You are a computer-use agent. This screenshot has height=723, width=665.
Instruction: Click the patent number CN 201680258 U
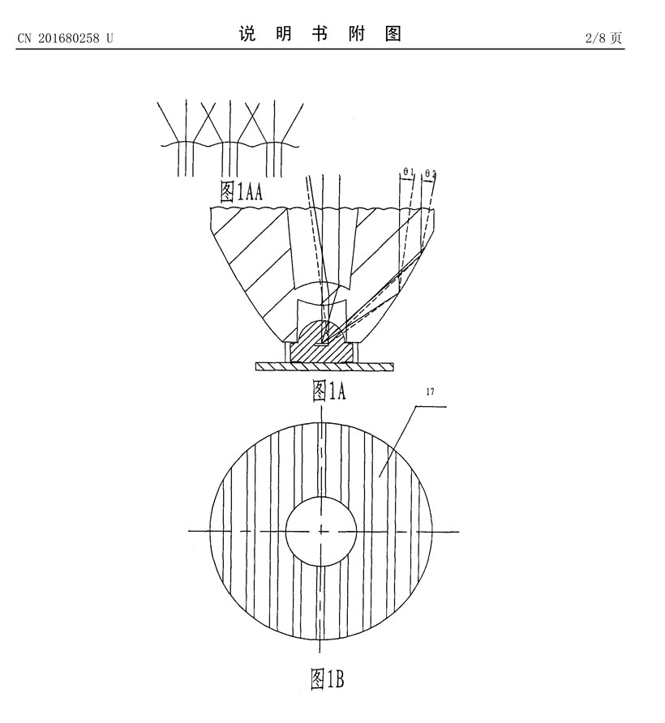coord(65,38)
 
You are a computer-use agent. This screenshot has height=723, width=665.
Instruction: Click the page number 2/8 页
coord(603,38)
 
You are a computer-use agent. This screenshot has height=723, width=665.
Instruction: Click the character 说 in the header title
coord(247,34)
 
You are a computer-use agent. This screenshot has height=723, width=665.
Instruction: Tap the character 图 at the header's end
coord(393,34)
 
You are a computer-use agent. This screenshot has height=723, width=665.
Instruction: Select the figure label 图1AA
coord(242,191)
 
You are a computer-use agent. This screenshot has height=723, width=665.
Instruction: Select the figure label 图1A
coord(329,391)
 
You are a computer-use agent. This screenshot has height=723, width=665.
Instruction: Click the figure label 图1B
coord(327,678)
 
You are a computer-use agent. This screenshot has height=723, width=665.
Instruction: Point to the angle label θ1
coord(408,173)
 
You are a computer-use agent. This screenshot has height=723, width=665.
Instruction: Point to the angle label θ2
coord(431,173)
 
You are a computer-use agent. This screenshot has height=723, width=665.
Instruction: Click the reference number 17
coord(430,392)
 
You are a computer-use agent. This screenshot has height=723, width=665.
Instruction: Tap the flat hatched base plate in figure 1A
coord(325,366)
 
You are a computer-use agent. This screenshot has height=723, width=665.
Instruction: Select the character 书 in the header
coord(320,34)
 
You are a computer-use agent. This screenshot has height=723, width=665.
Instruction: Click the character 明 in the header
coord(284,34)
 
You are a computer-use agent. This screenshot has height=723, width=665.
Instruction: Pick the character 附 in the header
coord(357,34)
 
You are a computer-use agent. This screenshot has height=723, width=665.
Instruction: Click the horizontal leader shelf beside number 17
coord(431,406)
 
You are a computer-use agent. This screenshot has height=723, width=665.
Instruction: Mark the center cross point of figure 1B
coord(321,532)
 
